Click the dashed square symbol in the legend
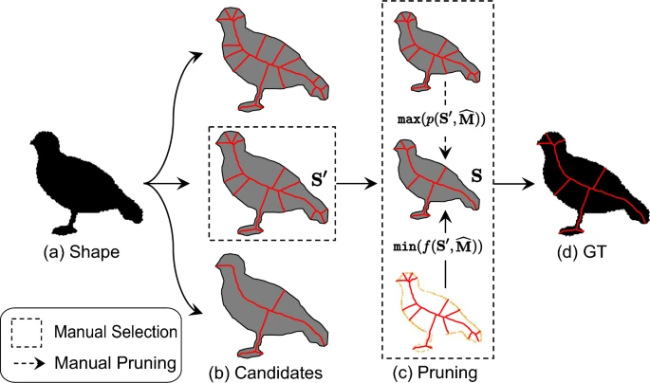click(26, 333)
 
